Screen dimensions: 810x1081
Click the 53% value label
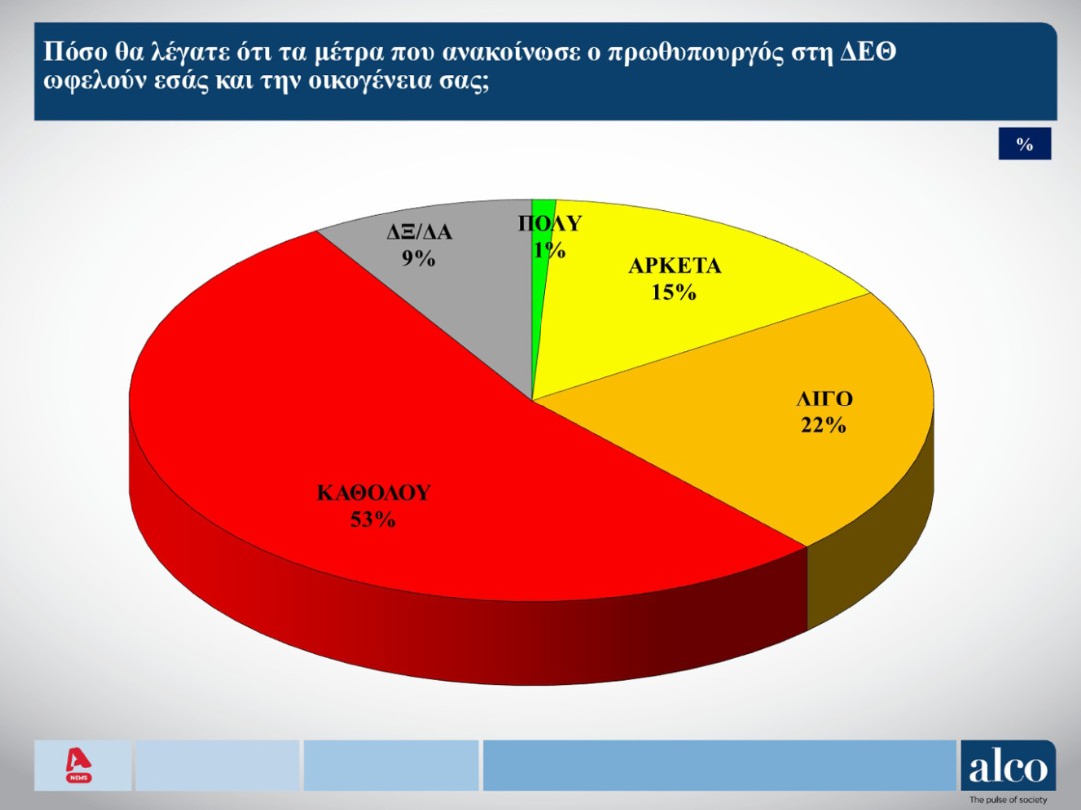click(373, 518)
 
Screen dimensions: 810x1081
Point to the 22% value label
click(823, 426)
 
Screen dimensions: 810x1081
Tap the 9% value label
click(419, 259)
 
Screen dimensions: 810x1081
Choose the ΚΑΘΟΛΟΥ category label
click(373, 492)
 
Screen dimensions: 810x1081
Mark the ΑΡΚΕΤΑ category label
click(675, 267)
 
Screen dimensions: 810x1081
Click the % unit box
click(1024, 144)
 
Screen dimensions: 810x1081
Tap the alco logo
click(1007, 766)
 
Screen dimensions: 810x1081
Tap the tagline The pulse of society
click(1008, 801)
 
